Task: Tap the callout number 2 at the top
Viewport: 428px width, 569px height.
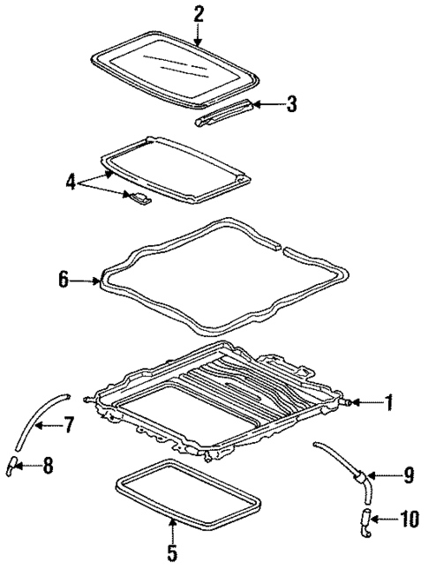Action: (x=198, y=13)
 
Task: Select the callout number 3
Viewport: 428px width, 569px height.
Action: (x=291, y=105)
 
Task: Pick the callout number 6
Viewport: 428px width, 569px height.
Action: (x=63, y=281)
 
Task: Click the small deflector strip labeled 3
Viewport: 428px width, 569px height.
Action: (x=228, y=112)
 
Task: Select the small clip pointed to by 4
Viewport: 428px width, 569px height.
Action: (x=139, y=198)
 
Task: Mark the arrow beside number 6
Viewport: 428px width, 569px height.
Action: (x=86, y=281)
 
